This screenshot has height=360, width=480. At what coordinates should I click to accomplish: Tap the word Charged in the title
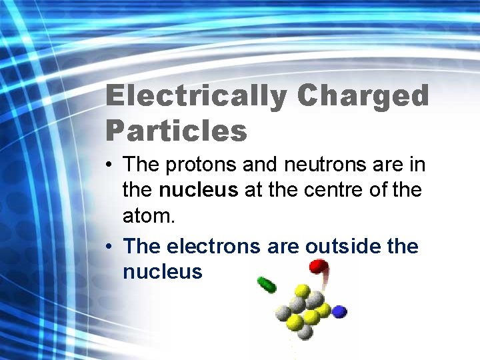pos(363,97)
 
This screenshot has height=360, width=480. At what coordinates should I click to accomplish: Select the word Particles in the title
pos(176,131)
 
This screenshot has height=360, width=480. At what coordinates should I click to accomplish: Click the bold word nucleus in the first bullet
pos(198,190)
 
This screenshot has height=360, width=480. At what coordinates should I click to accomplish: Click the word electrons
pos(207,246)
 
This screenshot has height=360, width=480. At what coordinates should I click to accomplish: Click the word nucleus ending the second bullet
pos(162,271)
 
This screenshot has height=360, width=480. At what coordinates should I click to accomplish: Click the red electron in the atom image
pos(318,267)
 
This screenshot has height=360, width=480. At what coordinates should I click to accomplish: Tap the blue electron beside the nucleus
pos(340,311)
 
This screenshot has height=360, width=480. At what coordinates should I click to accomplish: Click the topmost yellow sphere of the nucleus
pos(301,291)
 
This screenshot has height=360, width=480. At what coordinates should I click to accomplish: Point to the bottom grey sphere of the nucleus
pos(305,331)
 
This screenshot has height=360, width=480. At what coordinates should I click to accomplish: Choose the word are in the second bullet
pos(283,246)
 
